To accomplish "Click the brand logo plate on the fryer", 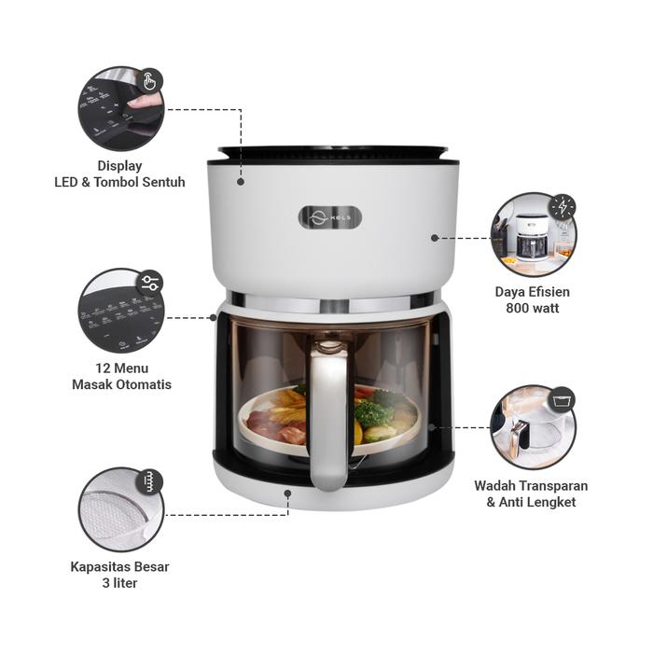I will pyautogui.click(x=330, y=217).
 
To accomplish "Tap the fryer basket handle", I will pyautogui.click(x=327, y=420).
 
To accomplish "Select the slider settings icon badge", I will pyautogui.click(x=150, y=283).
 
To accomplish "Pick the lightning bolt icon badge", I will pyautogui.click(x=562, y=206).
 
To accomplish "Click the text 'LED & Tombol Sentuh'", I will pyautogui.click(x=119, y=182).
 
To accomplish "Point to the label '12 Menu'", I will pyautogui.click(x=121, y=368).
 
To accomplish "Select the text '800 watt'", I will pyautogui.click(x=532, y=308).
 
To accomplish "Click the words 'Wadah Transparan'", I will pyautogui.click(x=531, y=485).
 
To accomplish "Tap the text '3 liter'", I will pyautogui.click(x=119, y=583).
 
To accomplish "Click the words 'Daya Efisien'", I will pyautogui.click(x=532, y=291).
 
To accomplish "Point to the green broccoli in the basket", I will pyautogui.click(x=373, y=410).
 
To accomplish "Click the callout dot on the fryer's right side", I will pyautogui.click(x=435, y=238).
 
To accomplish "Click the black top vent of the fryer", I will pyautogui.click(x=333, y=152).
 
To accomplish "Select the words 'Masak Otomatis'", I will pyautogui.click(x=121, y=384).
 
